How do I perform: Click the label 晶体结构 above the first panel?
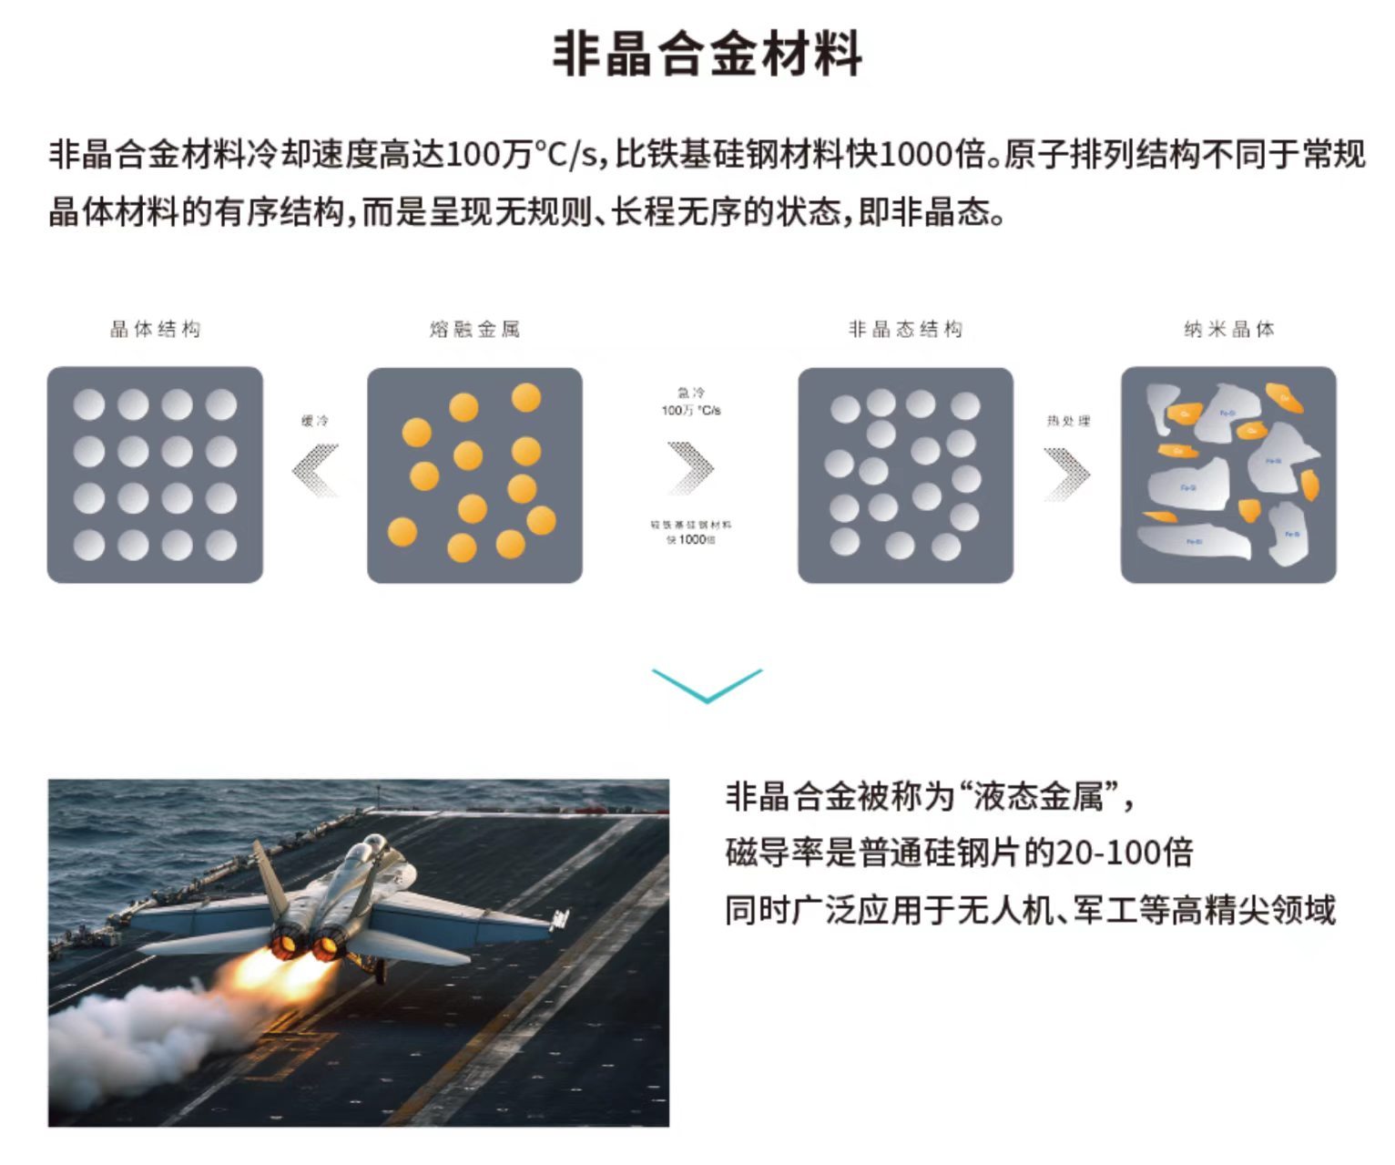coord(155,329)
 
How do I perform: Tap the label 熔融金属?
coord(474,329)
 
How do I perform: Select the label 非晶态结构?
coord(905,329)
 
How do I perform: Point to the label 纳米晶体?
coord(1228,329)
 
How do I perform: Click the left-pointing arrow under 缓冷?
coord(315,470)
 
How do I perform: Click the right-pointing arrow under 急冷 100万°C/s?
coord(691,467)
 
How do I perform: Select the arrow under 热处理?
coord(1066,474)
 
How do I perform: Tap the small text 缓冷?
coord(314,421)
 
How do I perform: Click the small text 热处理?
coord(1067,421)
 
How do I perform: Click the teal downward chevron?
coord(707,685)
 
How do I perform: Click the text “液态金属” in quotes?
coord(1038,797)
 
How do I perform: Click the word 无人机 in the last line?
coord(1004,910)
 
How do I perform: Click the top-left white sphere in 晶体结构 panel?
coord(88,404)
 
